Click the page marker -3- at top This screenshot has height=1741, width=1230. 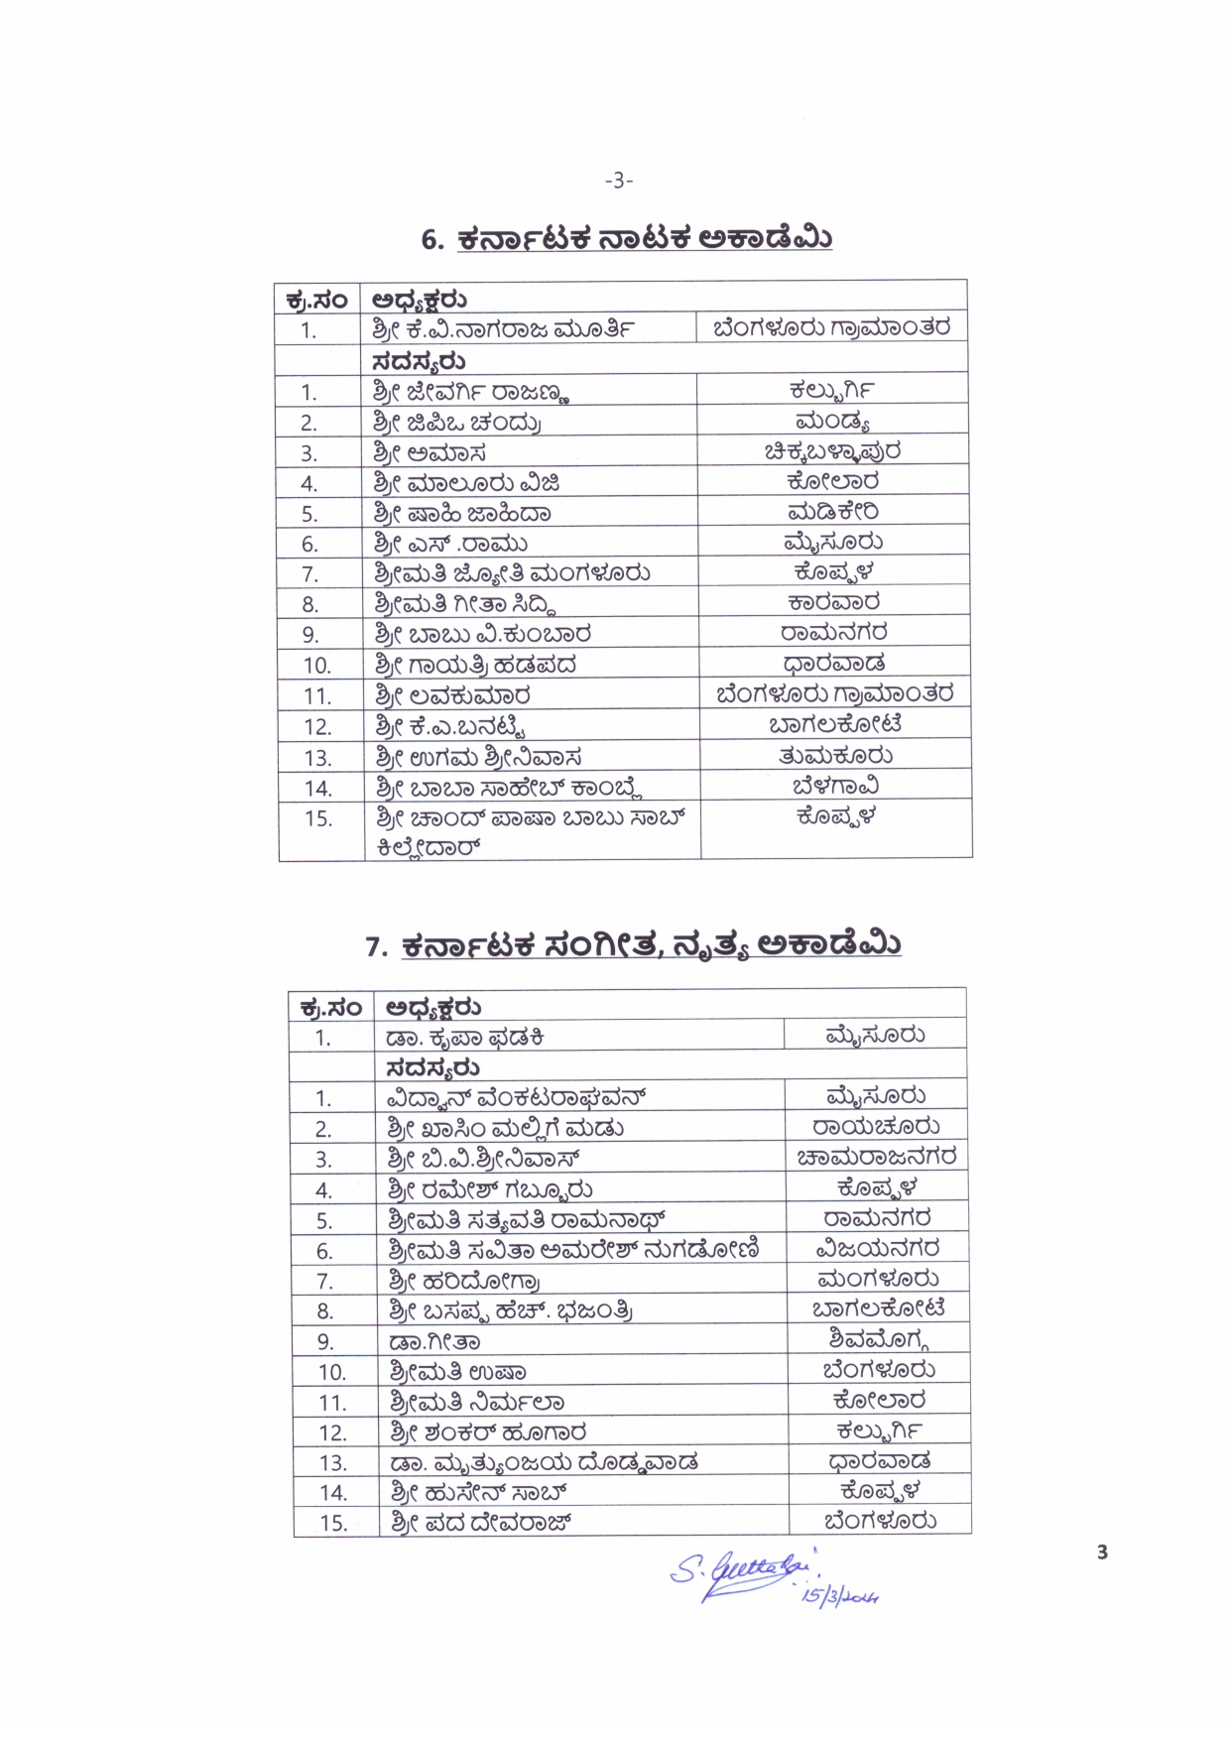pos(618,181)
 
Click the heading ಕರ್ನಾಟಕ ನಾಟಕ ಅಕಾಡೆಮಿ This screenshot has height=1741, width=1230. pos(644,239)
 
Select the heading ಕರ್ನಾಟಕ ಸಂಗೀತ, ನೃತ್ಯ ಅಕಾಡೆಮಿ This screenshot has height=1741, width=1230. pos(651,945)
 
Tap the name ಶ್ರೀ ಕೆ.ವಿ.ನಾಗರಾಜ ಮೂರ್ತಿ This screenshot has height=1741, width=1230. pos(503,329)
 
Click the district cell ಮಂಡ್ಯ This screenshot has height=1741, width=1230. pos(832,422)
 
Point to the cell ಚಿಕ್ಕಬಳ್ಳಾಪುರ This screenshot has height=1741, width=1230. pos(832,452)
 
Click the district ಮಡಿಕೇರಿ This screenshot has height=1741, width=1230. pos(832,513)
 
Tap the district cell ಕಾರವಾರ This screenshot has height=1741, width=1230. pos(833,603)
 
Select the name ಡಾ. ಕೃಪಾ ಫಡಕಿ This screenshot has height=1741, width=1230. pos(465,1039)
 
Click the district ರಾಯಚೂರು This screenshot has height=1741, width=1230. pos(876,1128)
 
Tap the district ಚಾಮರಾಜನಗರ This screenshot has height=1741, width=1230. pos(877,1158)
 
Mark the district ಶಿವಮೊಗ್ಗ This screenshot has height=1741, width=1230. pos(879,1340)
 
